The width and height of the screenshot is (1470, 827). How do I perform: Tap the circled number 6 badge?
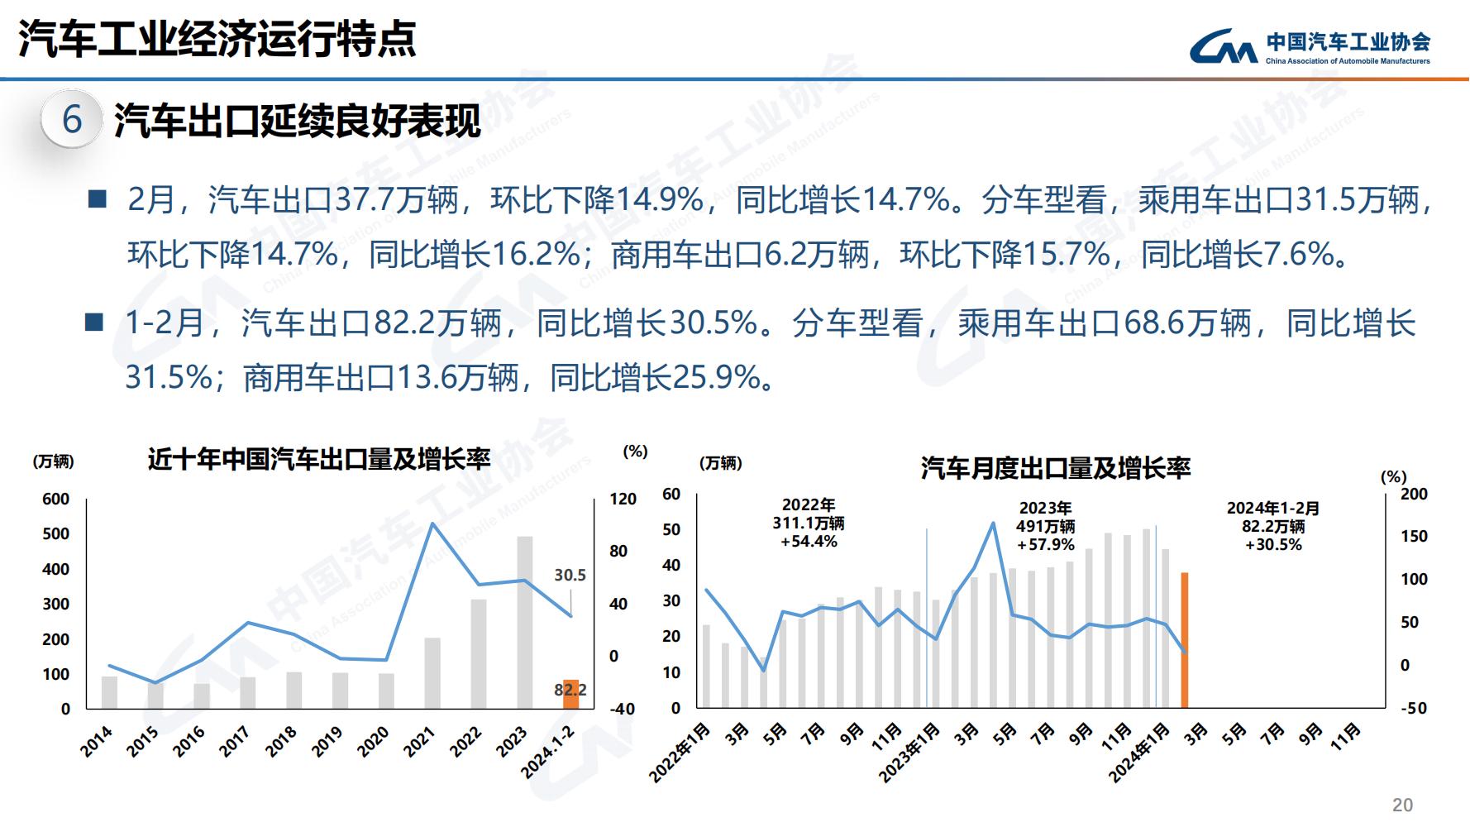72,120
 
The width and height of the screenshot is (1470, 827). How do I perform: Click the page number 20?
1402,805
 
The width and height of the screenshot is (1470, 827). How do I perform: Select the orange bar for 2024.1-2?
570,695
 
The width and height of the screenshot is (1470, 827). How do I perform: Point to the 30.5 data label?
570,575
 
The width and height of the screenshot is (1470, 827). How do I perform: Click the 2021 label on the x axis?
420,743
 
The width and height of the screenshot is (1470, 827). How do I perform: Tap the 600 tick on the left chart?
56,499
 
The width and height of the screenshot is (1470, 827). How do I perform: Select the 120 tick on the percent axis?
623,499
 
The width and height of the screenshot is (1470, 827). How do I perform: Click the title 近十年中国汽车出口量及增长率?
319,459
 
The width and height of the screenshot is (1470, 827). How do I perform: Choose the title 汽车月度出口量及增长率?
1055,468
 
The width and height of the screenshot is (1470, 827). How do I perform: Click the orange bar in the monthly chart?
1184,640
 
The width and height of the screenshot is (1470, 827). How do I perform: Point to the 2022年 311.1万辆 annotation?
809,523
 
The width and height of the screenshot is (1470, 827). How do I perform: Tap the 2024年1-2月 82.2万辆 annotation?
1273,526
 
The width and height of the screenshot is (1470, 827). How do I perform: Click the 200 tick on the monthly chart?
1414,494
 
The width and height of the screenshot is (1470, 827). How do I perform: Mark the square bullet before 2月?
97,199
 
